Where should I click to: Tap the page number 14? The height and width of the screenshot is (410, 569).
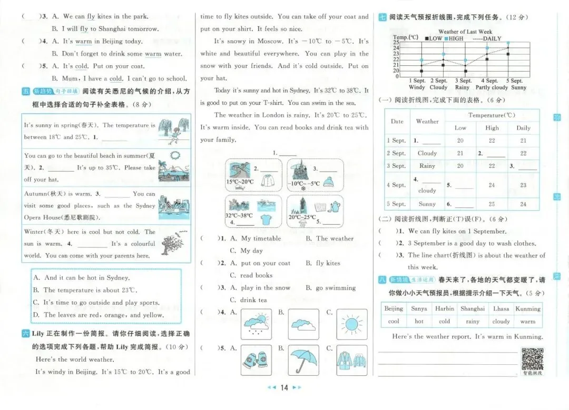point(284,388)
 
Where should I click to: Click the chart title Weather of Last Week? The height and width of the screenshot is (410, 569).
point(465,32)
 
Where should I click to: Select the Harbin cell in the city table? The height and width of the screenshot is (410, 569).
point(444,309)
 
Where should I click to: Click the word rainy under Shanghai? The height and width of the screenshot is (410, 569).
point(473,322)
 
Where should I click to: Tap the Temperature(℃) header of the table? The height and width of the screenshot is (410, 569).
point(492,115)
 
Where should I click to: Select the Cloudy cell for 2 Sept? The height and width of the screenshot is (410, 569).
point(427,153)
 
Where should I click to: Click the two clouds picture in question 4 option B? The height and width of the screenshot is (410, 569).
point(303,324)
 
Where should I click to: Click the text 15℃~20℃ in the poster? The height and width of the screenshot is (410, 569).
point(240,182)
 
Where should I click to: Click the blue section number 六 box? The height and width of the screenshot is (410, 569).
point(26,334)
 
